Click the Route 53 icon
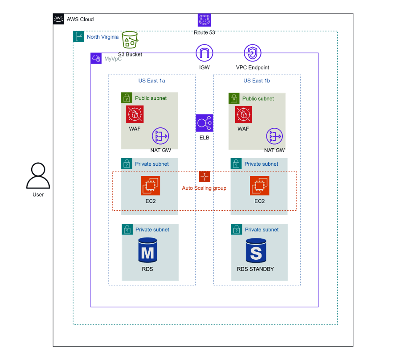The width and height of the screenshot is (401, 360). pos(204,20)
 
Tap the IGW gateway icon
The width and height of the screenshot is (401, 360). pos(204,53)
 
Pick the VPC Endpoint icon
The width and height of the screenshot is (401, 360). pos(253,53)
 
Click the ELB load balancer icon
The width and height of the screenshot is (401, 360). pos(204,123)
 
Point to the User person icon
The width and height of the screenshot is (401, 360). pos(38,176)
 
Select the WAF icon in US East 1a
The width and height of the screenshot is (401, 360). pos(135,114)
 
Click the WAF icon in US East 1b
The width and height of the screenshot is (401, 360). pos(243,114)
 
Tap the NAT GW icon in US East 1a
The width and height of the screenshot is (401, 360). pos(160,136)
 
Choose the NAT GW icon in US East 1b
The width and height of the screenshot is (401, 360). pos(274,136)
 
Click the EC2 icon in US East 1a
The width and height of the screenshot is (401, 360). pos(150,185)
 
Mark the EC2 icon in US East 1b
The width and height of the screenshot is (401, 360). pos(259,185)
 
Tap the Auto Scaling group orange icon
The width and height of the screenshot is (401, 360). pos(204,177)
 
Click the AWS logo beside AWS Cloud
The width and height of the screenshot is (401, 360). pos(59,19)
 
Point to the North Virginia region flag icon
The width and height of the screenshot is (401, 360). pos(78,37)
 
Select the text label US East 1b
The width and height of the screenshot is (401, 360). pos(257,81)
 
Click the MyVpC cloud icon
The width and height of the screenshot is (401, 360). pos(96,59)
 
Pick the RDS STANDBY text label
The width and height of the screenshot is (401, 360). pos(255,269)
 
